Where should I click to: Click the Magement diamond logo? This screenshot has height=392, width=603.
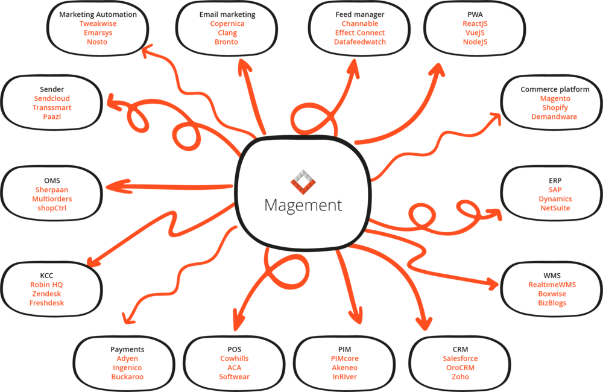tap(303, 182)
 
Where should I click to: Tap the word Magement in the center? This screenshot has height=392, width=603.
tap(303, 205)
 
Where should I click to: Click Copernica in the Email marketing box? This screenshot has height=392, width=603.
tap(227, 24)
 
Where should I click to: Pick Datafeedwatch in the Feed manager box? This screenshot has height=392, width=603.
tap(360, 42)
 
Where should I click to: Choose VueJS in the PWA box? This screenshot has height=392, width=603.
tap(475, 33)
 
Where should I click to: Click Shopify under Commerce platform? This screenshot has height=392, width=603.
tap(555, 107)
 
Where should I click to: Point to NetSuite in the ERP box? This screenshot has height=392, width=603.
tap(555, 208)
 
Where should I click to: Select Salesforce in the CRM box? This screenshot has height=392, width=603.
tap(460, 358)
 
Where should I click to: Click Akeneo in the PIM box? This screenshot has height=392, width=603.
tap(344, 367)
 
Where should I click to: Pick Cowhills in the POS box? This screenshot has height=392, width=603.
tap(234, 358)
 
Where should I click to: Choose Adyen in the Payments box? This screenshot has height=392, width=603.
tap(127, 358)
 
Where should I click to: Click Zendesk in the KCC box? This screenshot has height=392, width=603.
tap(46, 294)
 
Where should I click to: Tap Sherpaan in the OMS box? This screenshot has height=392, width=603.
tap(52, 189)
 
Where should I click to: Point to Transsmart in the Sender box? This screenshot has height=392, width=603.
tap(52, 107)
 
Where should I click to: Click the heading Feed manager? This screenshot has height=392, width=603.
tap(360, 14)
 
